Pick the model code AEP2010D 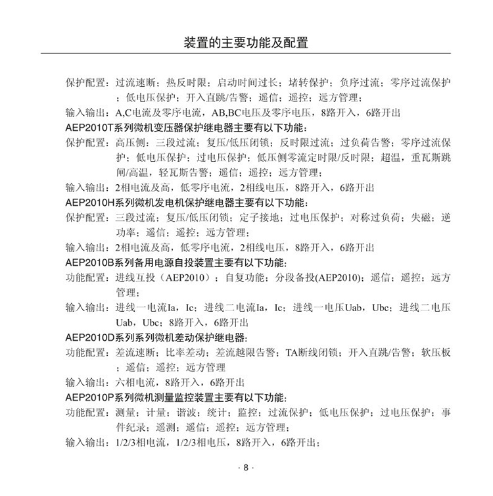point(92,337)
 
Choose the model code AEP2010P point(92,397)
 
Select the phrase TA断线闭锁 point(310,353)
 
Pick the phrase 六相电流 point(133,382)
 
